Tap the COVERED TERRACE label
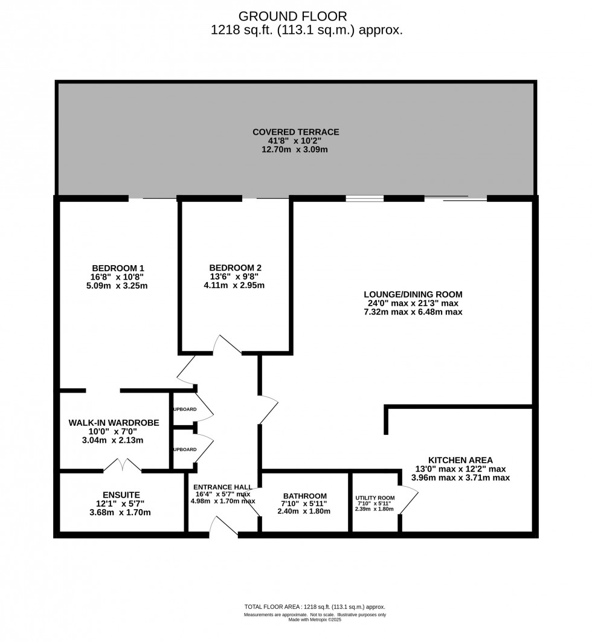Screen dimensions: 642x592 coord(295,132)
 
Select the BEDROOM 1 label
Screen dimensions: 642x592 coord(118,268)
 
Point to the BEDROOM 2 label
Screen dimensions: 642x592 coord(236,268)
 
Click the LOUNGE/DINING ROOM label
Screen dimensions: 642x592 coord(412,295)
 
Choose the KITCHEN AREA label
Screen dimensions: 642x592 coord(460,459)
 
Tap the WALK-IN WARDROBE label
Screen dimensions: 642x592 coord(114,423)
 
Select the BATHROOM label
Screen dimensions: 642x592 coord(304,496)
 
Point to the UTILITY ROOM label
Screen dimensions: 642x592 coord(375,498)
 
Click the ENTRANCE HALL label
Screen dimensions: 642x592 coord(223,487)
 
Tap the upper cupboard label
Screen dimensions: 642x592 coord(185,409)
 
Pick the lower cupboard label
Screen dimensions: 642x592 coord(185,449)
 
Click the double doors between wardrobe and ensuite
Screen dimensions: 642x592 coord(122,465)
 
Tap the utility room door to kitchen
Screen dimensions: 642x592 coord(409,499)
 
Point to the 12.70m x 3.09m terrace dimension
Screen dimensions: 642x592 coord(295,150)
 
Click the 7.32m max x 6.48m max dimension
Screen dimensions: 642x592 coord(412,312)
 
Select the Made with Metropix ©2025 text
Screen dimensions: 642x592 coord(315,620)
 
